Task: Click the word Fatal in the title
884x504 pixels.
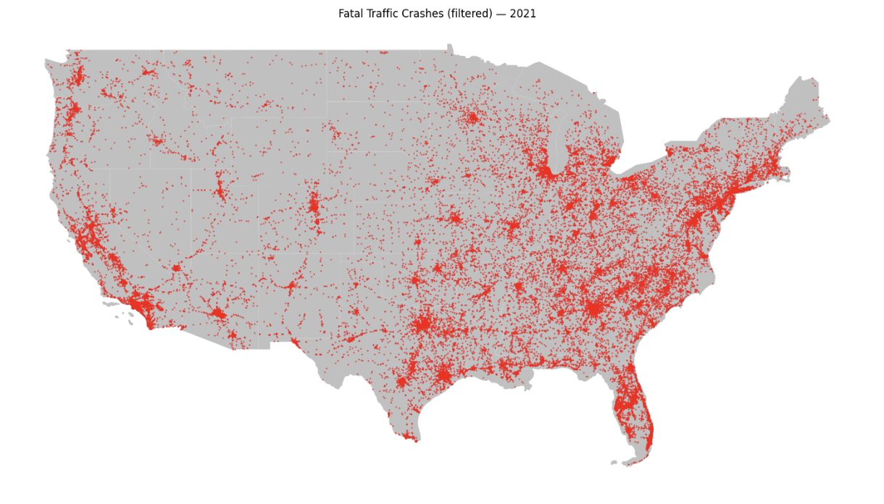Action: [351, 14]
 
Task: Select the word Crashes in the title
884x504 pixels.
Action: [426, 14]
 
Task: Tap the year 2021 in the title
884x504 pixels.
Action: [523, 14]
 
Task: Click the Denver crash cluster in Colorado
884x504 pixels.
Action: [313, 205]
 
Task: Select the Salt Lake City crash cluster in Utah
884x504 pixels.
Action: [220, 192]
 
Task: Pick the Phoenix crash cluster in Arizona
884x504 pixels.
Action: [217, 314]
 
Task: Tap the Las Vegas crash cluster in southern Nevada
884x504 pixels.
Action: [175, 268]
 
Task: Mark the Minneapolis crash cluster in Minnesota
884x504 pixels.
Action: [472, 117]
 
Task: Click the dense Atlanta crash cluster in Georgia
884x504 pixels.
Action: [595, 308]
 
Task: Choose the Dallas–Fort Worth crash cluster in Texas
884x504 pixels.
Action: [422, 324]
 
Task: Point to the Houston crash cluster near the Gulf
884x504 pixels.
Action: [443, 374]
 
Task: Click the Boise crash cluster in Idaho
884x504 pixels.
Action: [157, 140]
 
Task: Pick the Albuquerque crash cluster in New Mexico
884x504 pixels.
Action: [291, 286]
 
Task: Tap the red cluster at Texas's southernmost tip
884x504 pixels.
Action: [411, 437]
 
